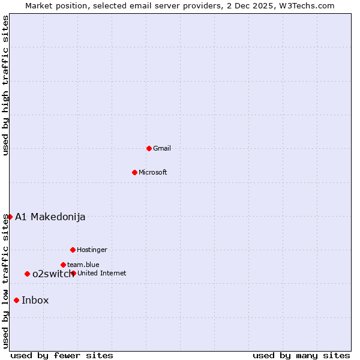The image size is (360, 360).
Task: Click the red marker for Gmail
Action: point(149,148)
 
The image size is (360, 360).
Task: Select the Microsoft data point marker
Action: point(134,172)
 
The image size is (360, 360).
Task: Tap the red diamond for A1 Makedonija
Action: point(10,217)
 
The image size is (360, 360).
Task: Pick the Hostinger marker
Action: point(73,250)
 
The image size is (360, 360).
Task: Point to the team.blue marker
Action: point(63,265)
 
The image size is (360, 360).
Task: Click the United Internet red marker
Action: point(73,273)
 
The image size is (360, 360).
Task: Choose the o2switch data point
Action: point(27,274)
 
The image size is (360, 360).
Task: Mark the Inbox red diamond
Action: point(16,301)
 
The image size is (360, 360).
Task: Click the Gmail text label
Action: point(162,148)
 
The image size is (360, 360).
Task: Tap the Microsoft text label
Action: point(153,172)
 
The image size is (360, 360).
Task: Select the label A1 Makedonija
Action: point(50,217)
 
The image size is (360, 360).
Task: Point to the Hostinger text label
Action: point(92,250)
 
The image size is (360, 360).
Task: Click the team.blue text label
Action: point(83,265)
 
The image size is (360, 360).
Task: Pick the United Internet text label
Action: point(102,273)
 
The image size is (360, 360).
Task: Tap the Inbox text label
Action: point(35,301)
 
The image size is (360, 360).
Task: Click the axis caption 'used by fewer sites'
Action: point(62,355)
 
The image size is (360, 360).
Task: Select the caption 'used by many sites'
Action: point(301,355)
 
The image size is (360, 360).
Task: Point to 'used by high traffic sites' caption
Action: point(5,85)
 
